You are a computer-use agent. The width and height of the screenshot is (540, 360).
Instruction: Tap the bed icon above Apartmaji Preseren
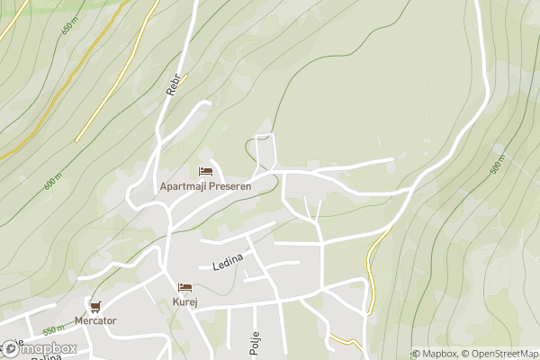pyautogui.click(x=205, y=171)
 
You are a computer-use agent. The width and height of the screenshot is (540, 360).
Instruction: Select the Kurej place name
pyautogui.click(x=185, y=302)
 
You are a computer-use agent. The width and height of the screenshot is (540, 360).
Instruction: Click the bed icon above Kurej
pyautogui.click(x=185, y=288)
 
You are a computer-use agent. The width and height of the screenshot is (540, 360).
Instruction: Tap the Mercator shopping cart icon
pyautogui.click(x=95, y=306)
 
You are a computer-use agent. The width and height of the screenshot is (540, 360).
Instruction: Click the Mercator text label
pyautogui.click(x=95, y=320)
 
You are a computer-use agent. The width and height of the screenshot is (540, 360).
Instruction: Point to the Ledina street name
pyautogui.click(x=228, y=262)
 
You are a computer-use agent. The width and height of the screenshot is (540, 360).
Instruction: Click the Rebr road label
pyautogui.click(x=175, y=84)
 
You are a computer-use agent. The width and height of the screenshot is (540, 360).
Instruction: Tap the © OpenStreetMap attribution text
pyautogui.click(x=499, y=354)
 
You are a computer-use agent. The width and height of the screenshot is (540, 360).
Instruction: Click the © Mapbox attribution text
pyautogui.click(x=435, y=354)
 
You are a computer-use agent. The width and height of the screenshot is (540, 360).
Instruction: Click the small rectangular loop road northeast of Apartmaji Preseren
pyautogui.click(x=264, y=150)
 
